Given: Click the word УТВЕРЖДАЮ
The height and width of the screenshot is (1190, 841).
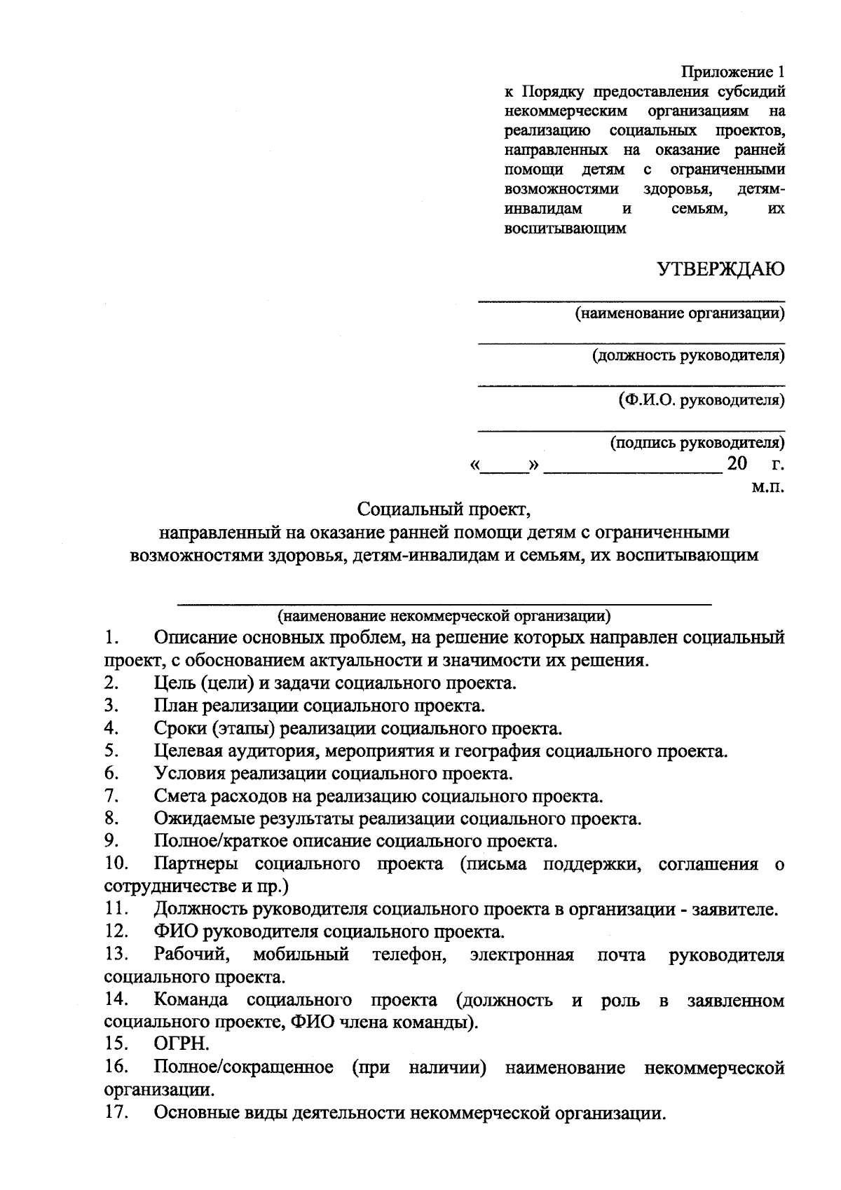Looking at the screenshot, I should click(x=720, y=270).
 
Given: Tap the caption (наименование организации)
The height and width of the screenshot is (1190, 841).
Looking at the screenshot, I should click(x=680, y=313).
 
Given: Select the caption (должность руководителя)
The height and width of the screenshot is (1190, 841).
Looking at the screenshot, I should click(x=689, y=355).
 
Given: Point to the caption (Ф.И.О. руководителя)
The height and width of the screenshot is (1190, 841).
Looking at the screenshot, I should click(x=702, y=400).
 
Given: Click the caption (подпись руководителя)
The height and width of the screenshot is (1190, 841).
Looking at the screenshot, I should click(x=697, y=443).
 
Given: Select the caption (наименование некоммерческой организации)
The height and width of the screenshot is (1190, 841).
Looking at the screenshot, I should click(x=444, y=617).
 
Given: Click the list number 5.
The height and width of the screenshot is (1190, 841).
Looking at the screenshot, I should click(x=110, y=752).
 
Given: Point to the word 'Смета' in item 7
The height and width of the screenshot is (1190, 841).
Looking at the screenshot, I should click(x=179, y=797).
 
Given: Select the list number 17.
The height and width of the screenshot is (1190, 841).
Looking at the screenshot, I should click(x=115, y=1112).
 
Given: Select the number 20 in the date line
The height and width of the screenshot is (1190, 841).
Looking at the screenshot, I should click(x=737, y=464).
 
